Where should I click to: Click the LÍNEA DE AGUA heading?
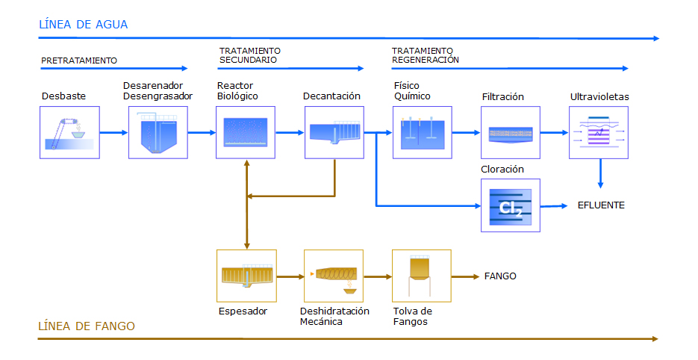pos(84,25)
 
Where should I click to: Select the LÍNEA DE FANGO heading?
pos(87,326)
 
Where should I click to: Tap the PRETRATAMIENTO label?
pos(79,60)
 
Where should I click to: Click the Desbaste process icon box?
pos(69,132)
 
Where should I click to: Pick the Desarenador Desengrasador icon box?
pos(158,132)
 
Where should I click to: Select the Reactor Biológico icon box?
pos(246,132)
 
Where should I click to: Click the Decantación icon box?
pos(334,132)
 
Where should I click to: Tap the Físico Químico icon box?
pos(423,132)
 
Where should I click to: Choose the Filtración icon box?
pos(511,132)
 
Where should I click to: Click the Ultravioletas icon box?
pos(599,132)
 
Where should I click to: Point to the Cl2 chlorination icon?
pos(511,205)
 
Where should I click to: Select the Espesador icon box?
pos(246,276)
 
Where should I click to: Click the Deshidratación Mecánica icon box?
pos(334,276)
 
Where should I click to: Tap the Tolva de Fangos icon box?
pos(422,276)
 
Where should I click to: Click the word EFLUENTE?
pos(601,205)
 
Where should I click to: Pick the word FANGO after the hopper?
pos(500,276)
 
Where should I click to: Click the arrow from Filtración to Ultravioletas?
pos(555,132)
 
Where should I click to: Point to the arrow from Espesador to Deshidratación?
pos(290,276)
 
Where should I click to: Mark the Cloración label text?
pos(502,170)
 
